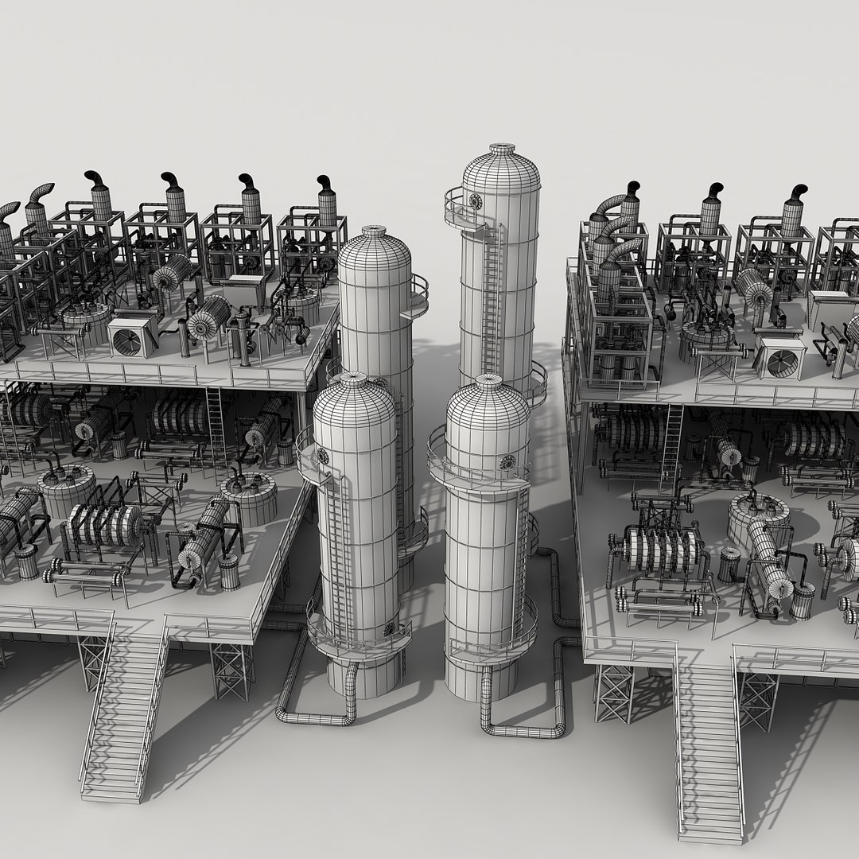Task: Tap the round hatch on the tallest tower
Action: tap(476, 201)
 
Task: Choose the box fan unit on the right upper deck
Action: tap(781, 358)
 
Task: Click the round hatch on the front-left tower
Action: tap(322, 456)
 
